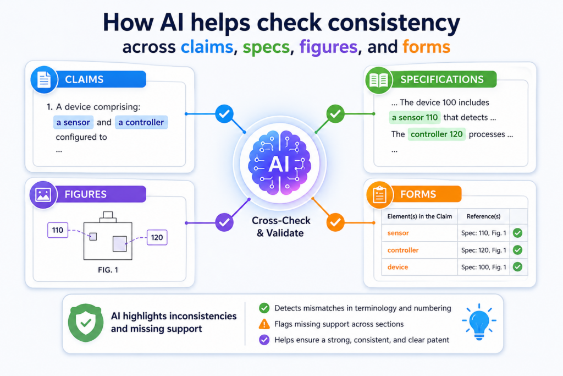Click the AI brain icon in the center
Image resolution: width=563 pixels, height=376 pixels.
click(279, 163)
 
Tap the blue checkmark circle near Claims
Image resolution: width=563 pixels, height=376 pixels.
click(224, 114)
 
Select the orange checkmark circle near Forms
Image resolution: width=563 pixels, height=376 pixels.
click(335, 222)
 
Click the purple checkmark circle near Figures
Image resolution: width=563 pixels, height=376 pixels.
click(224, 222)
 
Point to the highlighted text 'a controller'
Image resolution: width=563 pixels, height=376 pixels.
click(141, 122)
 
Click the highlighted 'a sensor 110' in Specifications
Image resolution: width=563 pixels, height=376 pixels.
click(415, 118)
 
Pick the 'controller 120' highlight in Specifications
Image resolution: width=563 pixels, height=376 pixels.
click(437, 134)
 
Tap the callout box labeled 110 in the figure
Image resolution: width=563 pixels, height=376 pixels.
click(57, 230)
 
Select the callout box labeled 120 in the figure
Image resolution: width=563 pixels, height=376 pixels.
click(157, 237)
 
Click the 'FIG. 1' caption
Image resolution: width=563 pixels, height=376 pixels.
click(108, 270)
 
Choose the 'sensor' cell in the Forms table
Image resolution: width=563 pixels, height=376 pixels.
click(398, 233)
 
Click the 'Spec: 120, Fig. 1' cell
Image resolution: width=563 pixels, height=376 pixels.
click(484, 250)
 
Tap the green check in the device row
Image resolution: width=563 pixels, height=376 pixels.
click(517, 266)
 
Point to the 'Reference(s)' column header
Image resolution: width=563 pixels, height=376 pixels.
click(483, 216)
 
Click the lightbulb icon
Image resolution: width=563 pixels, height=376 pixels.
click(479, 321)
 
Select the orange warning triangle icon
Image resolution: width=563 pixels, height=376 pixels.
click(264, 324)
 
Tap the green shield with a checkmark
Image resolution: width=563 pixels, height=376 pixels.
click(86, 323)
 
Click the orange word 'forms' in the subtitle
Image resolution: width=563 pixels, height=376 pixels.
click(426, 47)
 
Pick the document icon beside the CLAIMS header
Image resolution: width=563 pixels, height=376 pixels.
click(44, 79)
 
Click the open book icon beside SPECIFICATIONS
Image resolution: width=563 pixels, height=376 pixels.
click(379, 80)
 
